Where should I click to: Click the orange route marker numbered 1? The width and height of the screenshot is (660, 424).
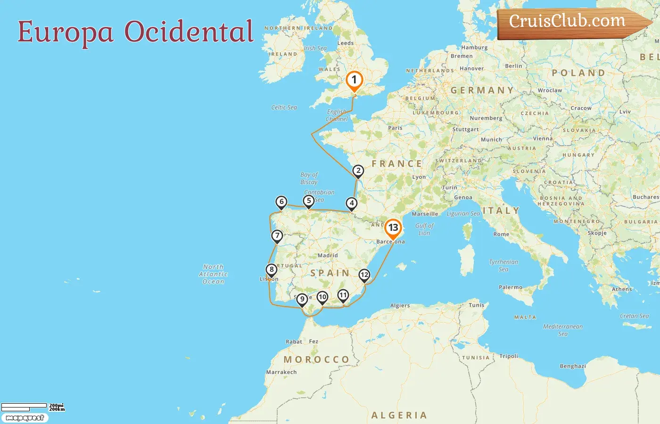(x=354, y=80)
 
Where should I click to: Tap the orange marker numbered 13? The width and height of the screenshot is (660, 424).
(x=393, y=228)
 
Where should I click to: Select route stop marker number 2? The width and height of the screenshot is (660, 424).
(x=358, y=171)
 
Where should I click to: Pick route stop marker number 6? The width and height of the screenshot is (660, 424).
(x=281, y=202)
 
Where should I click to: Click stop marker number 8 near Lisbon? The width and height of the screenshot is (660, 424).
(x=271, y=270)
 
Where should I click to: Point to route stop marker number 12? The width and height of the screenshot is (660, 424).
(x=364, y=275)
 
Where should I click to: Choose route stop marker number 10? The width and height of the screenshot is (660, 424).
(x=322, y=297)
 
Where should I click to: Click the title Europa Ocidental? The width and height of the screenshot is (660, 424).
(x=136, y=32)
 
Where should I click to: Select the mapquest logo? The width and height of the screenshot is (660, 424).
(x=25, y=418)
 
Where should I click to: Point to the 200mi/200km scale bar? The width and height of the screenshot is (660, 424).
(x=32, y=407)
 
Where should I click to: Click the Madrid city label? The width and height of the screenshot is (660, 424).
(x=328, y=255)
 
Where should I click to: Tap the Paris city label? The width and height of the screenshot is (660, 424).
(x=395, y=128)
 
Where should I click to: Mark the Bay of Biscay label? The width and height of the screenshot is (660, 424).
(x=309, y=178)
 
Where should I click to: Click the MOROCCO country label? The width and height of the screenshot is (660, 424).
(x=316, y=359)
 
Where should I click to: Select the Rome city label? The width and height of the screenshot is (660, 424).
(x=501, y=234)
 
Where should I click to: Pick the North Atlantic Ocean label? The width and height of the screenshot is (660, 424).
(x=214, y=274)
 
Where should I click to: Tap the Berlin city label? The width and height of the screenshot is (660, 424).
(x=513, y=66)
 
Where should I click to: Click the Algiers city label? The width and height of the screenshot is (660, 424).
(x=400, y=306)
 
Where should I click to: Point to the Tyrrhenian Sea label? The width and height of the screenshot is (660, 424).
(x=503, y=266)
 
